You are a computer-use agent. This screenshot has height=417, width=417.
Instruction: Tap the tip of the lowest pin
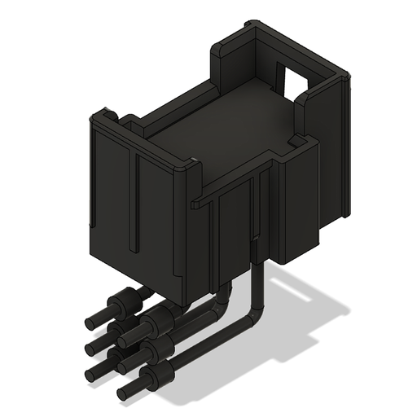(124, 393)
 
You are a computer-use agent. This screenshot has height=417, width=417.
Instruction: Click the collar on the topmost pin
(125, 302)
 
